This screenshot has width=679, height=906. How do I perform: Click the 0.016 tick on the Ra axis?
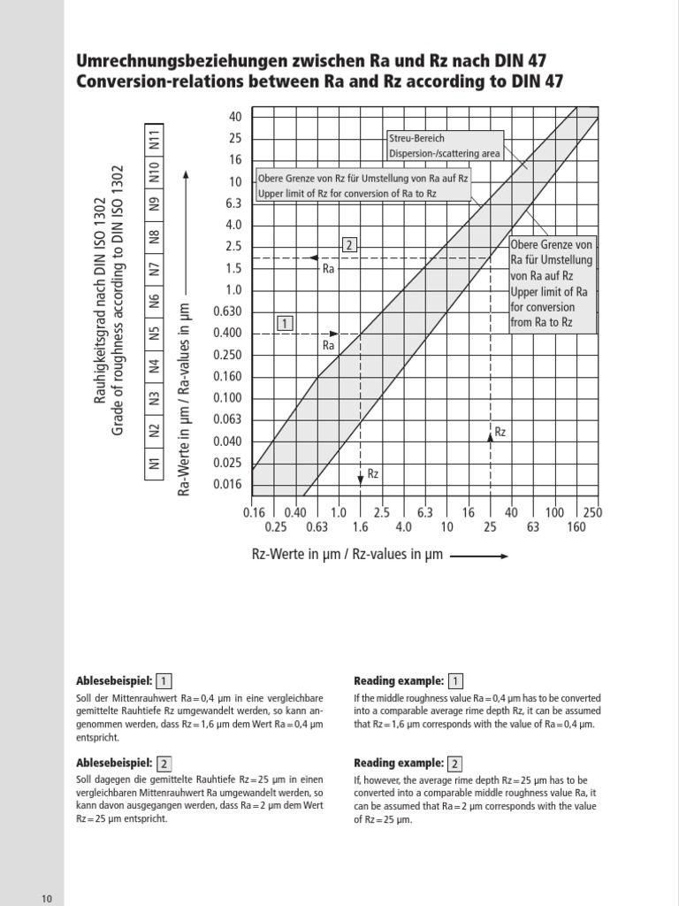pyautogui.click(x=229, y=484)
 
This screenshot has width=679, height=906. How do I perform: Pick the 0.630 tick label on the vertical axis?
pyautogui.click(x=228, y=311)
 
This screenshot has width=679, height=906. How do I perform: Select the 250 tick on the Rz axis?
pyautogui.click(x=592, y=512)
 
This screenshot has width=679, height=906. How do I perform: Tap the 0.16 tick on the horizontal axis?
pyautogui.click(x=253, y=512)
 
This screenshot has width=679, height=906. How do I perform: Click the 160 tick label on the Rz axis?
pyautogui.click(x=576, y=527)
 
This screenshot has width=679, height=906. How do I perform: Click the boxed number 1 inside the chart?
pyautogui.click(x=285, y=323)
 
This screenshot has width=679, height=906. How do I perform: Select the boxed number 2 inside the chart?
pyautogui.click(x=350, y=245)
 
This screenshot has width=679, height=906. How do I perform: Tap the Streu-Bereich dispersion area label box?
pyautogui.click(x=444, y=145)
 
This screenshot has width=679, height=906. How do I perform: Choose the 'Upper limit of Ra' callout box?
pyautogui.click(x=552, y=283)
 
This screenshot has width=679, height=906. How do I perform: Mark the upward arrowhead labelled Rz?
pyautogui.click(x=491, y=434)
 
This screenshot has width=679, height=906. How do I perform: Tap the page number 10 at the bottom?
pyautogui.click(x=47, y=899)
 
